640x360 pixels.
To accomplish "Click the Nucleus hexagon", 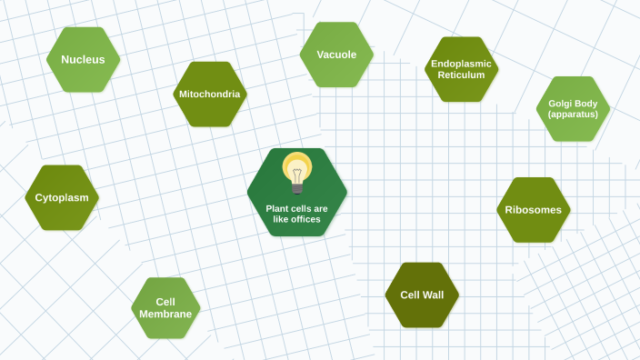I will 84,60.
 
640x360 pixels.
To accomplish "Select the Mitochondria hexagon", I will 210,94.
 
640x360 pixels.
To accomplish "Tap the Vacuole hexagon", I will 336,55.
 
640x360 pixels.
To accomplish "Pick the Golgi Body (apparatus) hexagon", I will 573,109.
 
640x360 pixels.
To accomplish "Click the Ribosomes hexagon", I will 535,210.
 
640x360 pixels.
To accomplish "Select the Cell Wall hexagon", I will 422,295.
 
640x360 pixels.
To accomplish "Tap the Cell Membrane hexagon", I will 165,308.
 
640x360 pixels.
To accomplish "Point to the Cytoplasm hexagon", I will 62,197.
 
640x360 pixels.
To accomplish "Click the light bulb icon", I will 297,173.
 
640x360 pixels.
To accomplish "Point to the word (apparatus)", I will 573,115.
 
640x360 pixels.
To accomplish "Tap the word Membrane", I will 165,315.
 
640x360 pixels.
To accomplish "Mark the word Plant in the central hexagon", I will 277,208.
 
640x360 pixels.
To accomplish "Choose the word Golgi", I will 561,104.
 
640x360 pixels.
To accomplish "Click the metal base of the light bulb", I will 297,188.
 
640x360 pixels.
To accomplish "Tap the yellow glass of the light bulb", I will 297,167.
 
